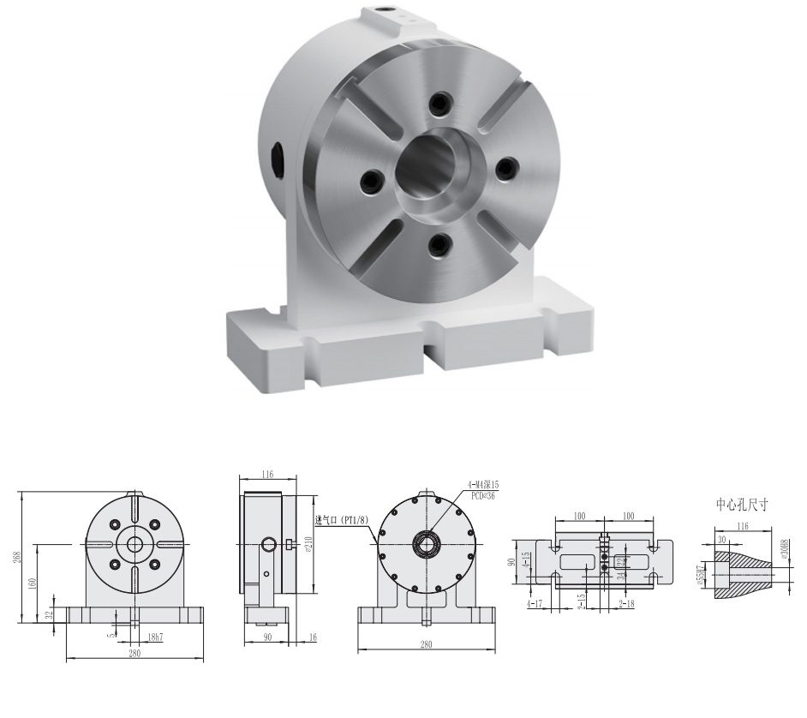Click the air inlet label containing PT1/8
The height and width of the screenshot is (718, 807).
pos(342,520)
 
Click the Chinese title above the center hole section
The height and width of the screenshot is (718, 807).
pos(742,506)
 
